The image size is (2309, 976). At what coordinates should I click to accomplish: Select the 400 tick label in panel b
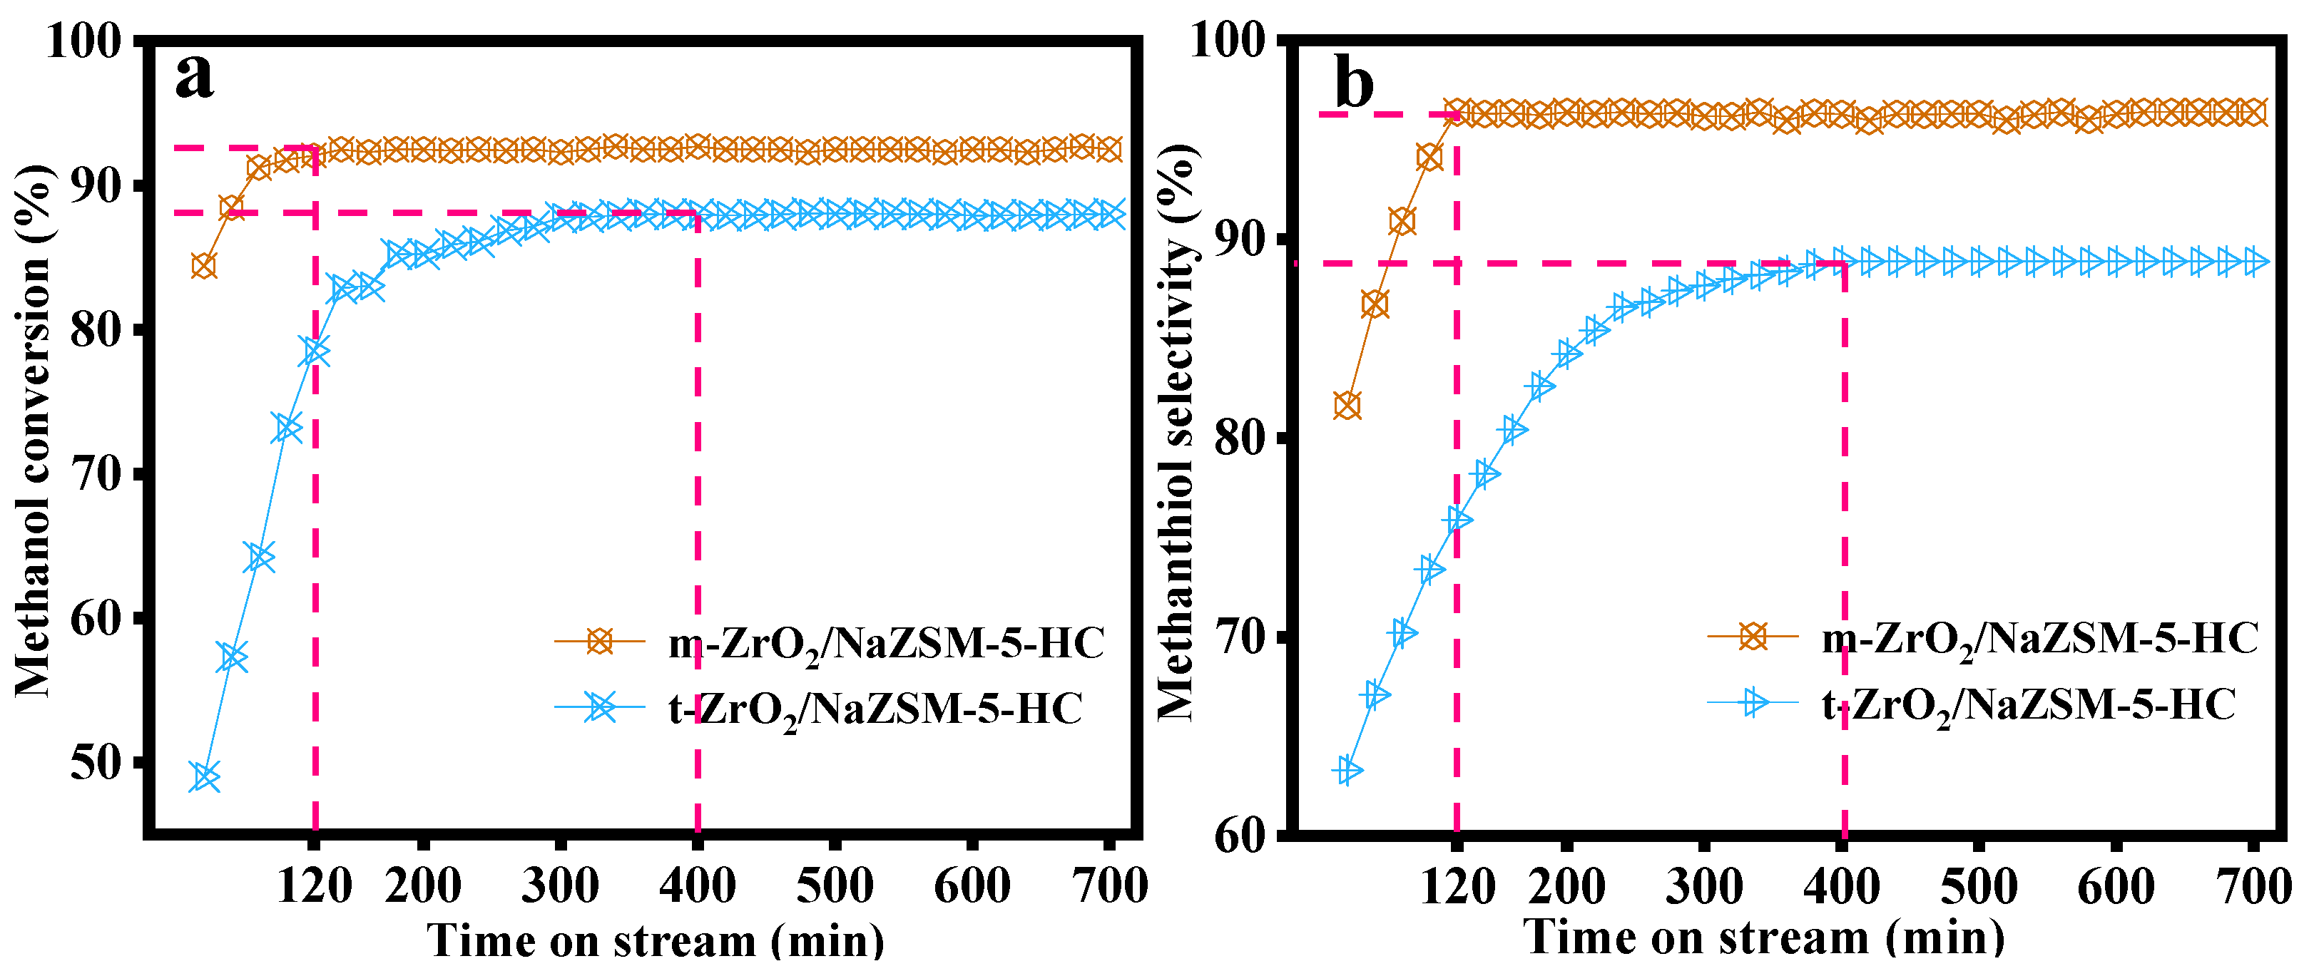1841,888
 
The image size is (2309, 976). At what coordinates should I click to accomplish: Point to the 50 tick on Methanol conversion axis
95,764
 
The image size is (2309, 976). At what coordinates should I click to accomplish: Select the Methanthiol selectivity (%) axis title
1177,430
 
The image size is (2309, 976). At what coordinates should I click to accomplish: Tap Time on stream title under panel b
1763,938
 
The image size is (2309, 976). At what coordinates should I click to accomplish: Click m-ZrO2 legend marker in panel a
598,641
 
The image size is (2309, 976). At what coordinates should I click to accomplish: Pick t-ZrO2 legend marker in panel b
1753,704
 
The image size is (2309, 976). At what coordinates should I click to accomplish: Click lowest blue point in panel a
205,777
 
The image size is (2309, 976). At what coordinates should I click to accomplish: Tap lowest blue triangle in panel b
1348,770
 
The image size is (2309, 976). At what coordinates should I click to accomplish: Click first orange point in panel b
1347,405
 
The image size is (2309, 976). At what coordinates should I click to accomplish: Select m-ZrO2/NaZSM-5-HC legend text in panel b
2040,639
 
